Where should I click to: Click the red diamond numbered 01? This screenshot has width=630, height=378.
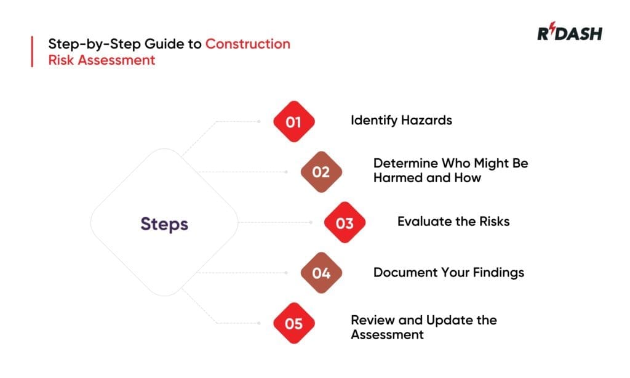tap(293, 122)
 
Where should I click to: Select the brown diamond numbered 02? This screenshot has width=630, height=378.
tap(321, 172)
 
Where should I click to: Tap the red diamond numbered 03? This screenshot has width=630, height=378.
tap(345, 222)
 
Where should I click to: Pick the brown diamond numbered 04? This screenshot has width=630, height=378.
tap(321, 273)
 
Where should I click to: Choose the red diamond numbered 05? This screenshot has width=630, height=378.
tap(293, 323)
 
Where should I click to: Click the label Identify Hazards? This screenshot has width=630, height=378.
tap(401, 120)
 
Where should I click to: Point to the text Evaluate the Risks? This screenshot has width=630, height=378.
tap(453, 221)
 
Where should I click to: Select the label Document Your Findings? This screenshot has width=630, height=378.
tap(449, 271)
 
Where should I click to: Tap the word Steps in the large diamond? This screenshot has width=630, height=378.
tap(164, 223)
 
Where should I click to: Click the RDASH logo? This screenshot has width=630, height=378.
tap(569, 34)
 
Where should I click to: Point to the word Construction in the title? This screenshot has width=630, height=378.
tap(248, 44)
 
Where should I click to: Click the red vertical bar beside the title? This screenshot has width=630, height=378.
tap(32, 52)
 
